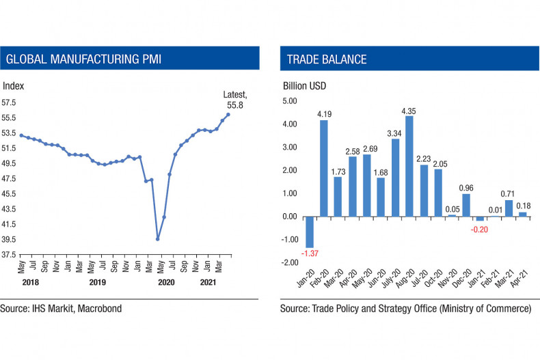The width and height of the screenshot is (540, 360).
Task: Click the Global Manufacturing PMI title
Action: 83,59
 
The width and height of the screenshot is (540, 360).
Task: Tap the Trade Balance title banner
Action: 327,59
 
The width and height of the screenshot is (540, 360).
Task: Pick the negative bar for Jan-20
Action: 310,232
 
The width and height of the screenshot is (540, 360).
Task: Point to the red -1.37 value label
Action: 310,253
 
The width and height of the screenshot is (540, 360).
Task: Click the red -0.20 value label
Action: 480,229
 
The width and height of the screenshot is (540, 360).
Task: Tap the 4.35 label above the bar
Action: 409,110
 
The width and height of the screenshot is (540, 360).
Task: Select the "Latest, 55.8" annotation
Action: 234,100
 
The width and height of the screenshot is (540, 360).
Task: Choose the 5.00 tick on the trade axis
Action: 291,101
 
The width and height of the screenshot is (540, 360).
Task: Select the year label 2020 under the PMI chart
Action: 166,281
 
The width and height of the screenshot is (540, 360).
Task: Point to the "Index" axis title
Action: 13,86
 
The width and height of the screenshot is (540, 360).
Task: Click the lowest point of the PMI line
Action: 158,239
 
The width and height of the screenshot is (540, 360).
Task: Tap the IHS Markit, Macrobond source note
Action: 61,309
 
